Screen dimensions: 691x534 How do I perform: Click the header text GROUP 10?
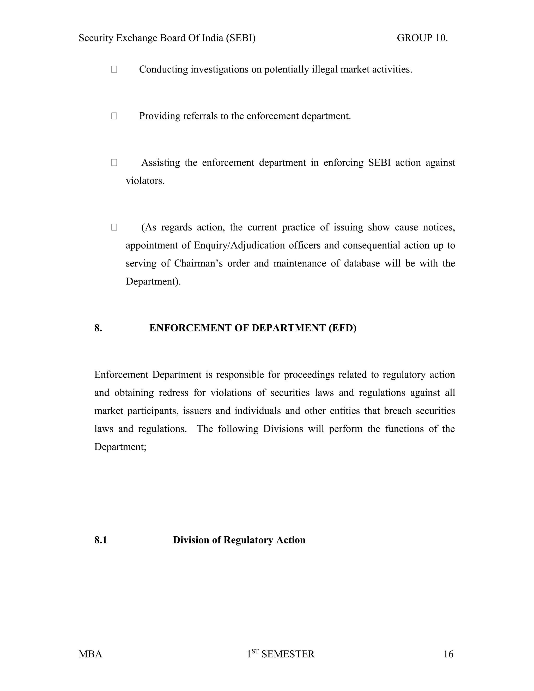click(422, 38)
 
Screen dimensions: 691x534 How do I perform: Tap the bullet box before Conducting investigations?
click(114, 69)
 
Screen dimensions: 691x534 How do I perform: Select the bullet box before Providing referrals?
click(114, 116)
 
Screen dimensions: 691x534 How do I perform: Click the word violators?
click(145, 181)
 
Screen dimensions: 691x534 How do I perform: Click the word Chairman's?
click(198, 263)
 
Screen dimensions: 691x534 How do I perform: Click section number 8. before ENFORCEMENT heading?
click(98, 328)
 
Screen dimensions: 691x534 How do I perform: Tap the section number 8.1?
click(101, 540)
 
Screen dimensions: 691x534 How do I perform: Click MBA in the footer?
click(90, 654)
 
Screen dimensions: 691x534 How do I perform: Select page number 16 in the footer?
click(448, 654)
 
